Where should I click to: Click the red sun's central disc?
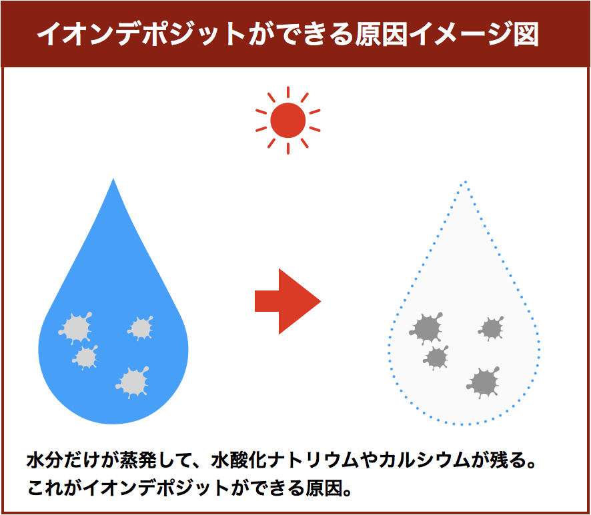pyautogui.click(x=288, y=121)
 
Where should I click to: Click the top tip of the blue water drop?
pyautogui.click(x=113, y=179)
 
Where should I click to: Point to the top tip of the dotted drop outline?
pyautogui.click(x=466, y=182)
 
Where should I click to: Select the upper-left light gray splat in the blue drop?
pyautogui.click(x=76, y=328)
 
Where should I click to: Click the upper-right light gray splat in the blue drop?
pyautogui.click(x=141, y=328)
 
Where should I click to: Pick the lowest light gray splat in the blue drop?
pyautogui.click(x=133, y=382)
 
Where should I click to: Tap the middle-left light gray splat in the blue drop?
pyautogui.click(x=85, y=357)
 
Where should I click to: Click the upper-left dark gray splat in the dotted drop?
pyautogui.click(x=426, y=328)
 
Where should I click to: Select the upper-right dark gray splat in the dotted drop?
pyautogui.click(x=492, y=328)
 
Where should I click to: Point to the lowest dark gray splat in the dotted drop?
pyautogui.click(x=484, y=382)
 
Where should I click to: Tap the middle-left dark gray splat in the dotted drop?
pyautogui.click(x=436, y=357)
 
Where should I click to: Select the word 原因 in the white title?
pyautogui.click(x=382, y=34)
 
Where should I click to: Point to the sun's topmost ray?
pyautogui.click(x=288, y=92)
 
